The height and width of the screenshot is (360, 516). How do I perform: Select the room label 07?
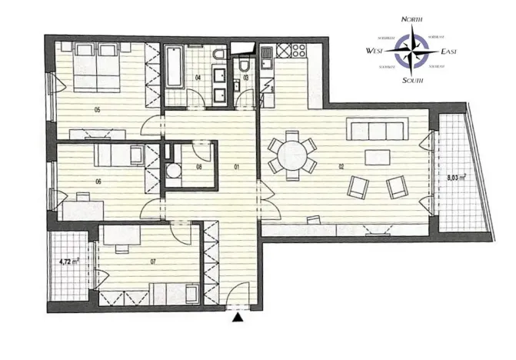pyautogui.click(x=153, y=262)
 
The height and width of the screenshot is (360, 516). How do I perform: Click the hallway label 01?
pyautogui.click(x=238, y=165)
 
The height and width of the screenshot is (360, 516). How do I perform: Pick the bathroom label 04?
pyautogui.click(x=198, y=78)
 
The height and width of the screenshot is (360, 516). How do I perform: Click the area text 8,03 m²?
pyautogui.click(x=458, y=178)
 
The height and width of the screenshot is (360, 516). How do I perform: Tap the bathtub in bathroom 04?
pyautogui.click(x=173, y=68)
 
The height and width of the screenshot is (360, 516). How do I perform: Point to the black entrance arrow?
pyautogui.click(x=238, y=315)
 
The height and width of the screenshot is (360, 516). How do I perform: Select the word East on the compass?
pyautogui.click(x=452, y=51)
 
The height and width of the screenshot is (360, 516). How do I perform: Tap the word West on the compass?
pyautogui.click(x=377, y=51)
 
